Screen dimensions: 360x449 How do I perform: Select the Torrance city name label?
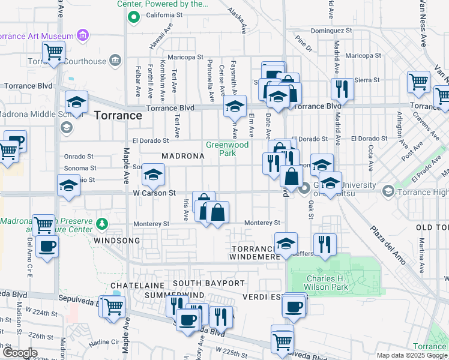(x=118, y=115)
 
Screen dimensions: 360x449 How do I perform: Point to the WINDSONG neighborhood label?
(x=116, y=240)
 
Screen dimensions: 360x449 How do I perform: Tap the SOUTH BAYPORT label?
(x=209, y=283)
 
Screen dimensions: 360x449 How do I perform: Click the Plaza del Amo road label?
(x=387, y=243)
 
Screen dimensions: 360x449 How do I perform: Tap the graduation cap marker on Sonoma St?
(x=153, y=175)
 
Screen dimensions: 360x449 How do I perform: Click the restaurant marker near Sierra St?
(x=342, y=89)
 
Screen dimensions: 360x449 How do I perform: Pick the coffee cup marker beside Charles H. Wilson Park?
(x=294, y=306)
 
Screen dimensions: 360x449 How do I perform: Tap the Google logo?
(x=19, y=353)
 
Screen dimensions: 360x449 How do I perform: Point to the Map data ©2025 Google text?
(x=412, y=355)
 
